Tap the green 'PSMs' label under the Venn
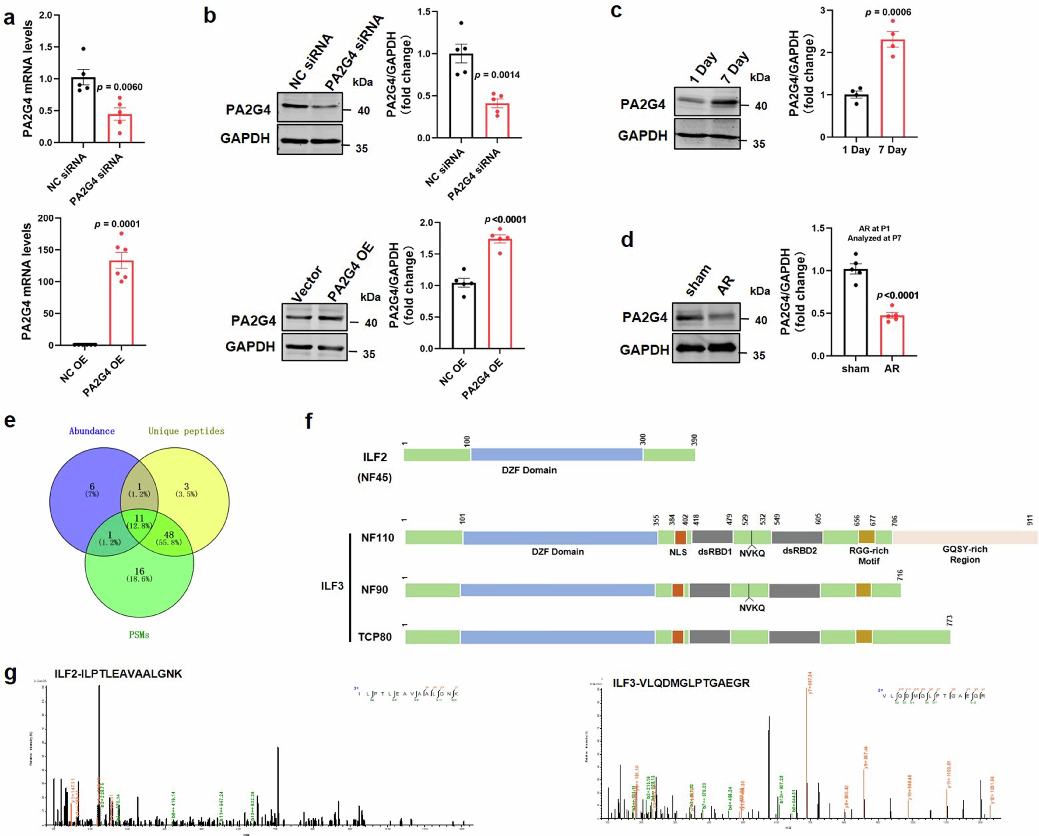(139, 635)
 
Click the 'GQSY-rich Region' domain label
(965, 554)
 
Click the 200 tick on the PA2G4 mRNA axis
(46, 218)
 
